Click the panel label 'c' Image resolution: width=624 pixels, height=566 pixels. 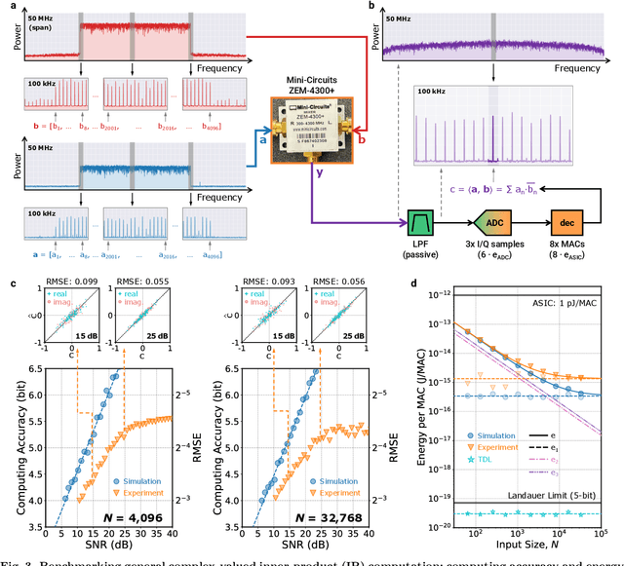pyautogui.click(x=10, y=283)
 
